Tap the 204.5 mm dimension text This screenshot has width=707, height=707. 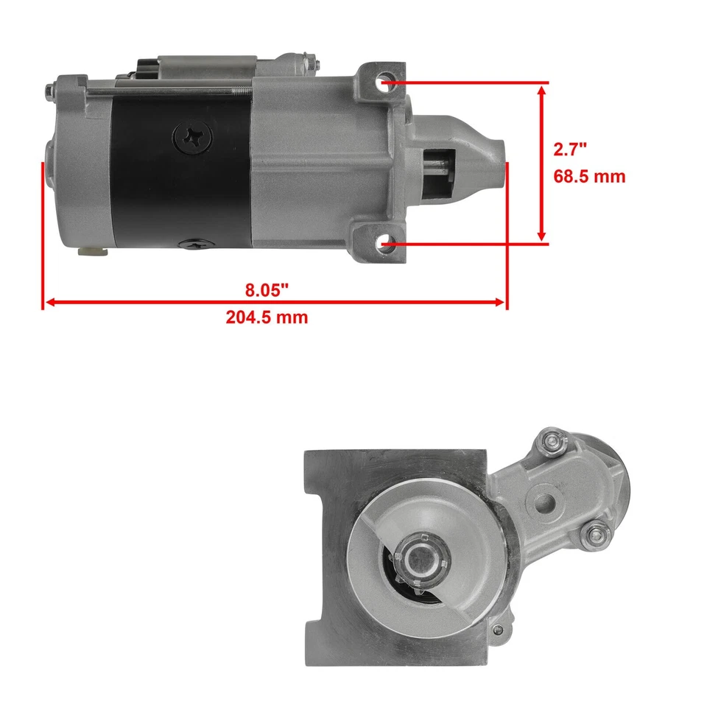click(x=267, y=317)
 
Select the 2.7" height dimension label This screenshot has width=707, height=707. click(x=570, y=150)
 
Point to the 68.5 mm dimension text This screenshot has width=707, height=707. click(x=589, y=177)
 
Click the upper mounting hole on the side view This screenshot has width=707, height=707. click(x=385, y=83)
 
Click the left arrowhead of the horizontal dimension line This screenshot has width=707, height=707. click(x=49, y=302)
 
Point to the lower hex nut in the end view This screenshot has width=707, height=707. click(x=594, y=535)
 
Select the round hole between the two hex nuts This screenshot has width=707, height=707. click(x=545, y=503)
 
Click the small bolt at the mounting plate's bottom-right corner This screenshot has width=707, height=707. click(x=499, y=630)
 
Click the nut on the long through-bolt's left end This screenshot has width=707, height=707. click(x=49, y=91)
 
